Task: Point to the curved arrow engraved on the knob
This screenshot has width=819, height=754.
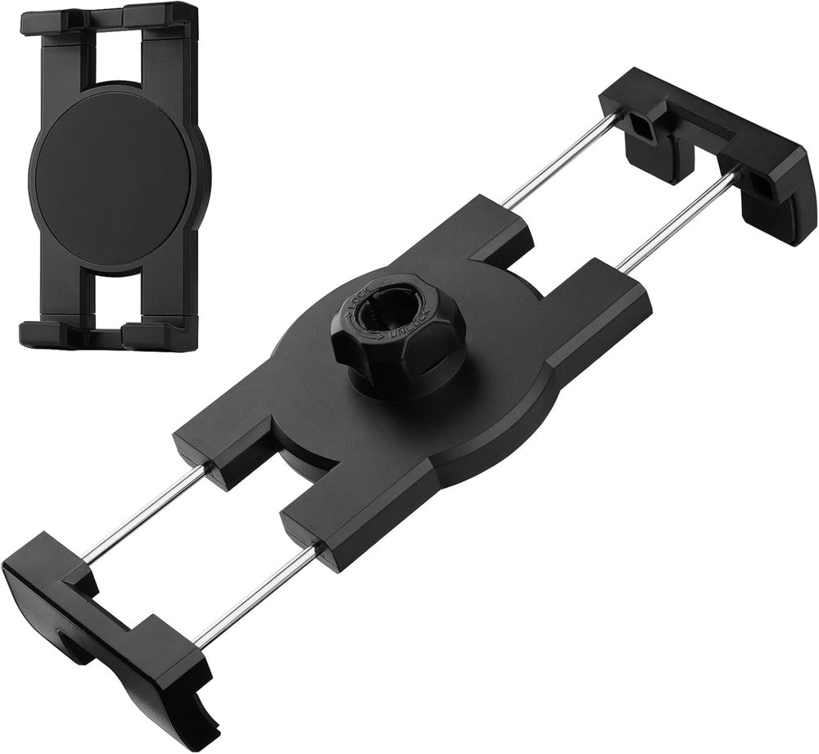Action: pyautogui.click(x=375, y=331)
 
